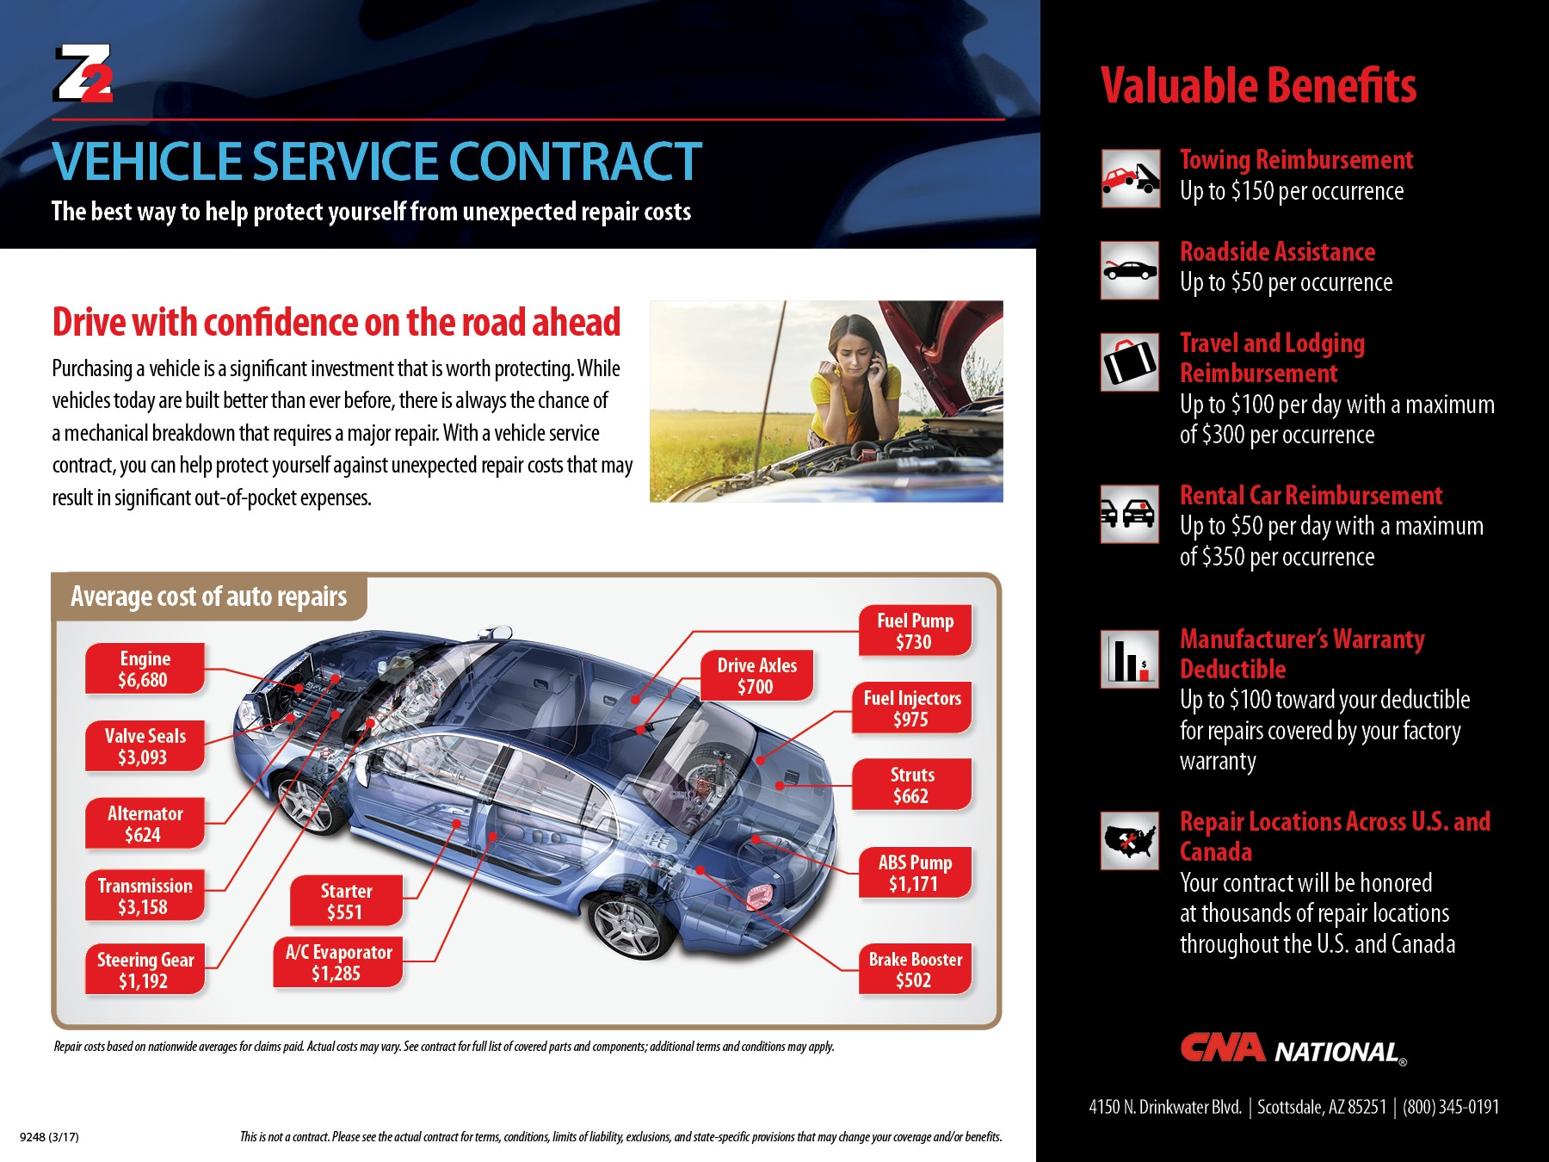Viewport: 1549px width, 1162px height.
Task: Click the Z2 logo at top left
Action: tap(83, 73)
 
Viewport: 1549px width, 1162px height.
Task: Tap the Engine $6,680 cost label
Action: tap(145, 669)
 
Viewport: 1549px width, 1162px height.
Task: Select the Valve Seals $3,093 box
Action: tap(145, 746)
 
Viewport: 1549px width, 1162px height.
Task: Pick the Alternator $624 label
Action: tap(145, 824)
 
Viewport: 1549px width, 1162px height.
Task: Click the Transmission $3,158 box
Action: tap(145, 896)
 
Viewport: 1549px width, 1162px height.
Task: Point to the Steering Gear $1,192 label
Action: tap(145, 970)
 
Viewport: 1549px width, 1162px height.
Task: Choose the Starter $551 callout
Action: tap(346, 901)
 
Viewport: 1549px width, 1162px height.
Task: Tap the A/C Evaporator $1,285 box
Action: tap(338, 962)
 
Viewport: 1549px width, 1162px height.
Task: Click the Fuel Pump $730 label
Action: tap(915, 631)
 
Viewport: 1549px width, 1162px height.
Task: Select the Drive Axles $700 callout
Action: tap(756, 676)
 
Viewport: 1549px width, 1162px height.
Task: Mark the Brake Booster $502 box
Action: tap(915, 969)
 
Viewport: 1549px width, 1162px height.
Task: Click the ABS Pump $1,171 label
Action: tap(915, 873)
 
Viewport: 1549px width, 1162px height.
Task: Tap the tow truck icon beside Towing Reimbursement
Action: tap(1130, 179)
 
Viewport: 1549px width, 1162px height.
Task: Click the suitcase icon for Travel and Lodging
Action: tap(1130, 362)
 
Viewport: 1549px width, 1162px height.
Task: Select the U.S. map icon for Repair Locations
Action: tap(1130, 840)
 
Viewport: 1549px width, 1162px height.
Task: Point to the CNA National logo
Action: tap(1293, 1049)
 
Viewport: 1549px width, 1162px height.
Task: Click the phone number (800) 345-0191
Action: tap(1451, 1107)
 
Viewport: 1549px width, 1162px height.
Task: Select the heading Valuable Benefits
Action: tap(1258, 86)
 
